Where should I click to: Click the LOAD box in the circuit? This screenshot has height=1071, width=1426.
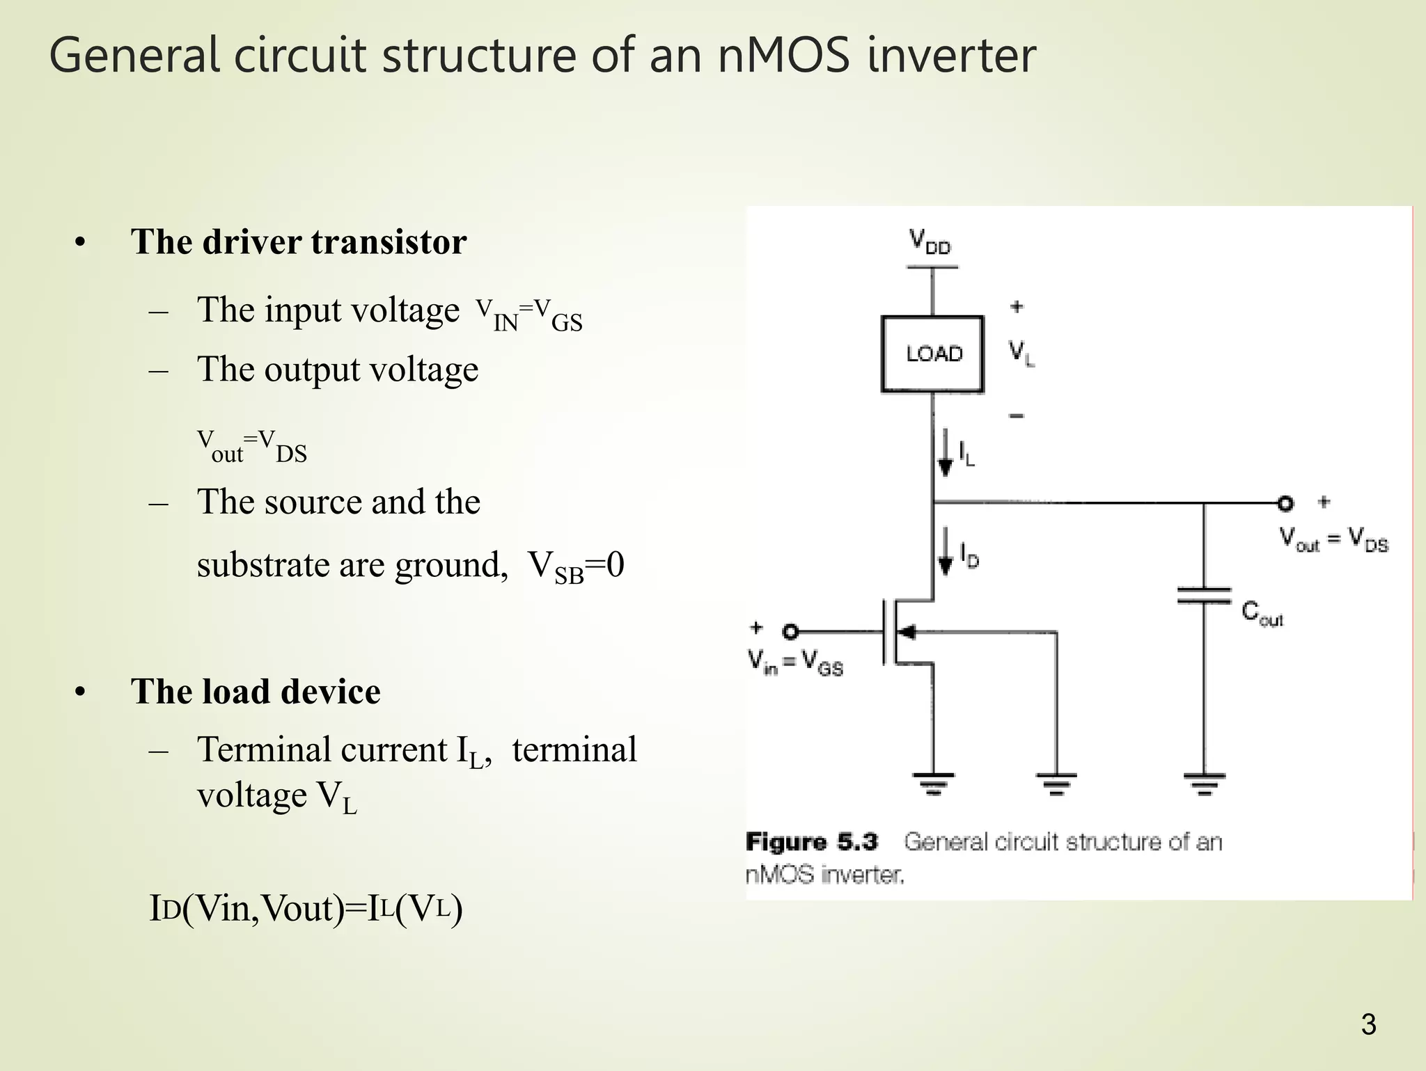click(x=932, y=354)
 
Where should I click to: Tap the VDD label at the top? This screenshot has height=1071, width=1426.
click(x=930, y=242)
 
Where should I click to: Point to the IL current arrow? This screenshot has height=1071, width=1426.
click(x=946, y=452)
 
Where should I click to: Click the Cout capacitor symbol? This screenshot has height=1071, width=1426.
click(x=1204, y=596)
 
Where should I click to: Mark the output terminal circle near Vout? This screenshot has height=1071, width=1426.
click(x=1285, y=502)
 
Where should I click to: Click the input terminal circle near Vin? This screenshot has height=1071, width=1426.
click(x=790, y=632)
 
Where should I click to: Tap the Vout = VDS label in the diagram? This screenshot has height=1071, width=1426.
click(x=1333, y=539)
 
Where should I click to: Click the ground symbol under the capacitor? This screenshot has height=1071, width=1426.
click(x=1204, y=783)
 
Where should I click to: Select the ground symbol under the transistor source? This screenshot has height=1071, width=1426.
click(x=933, y=783)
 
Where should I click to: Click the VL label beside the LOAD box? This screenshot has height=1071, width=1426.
click(x=1021, y=353)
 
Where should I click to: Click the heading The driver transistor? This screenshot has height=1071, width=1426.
click(x=299, y=242)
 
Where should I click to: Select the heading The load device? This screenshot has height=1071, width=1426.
click(x=256, y=692)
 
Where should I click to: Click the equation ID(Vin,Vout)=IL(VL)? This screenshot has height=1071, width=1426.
click(x=306, y=908)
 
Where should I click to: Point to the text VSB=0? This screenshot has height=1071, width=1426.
click(x=575, y=566)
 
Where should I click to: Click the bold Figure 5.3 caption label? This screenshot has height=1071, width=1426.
click(x=811, y=842)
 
